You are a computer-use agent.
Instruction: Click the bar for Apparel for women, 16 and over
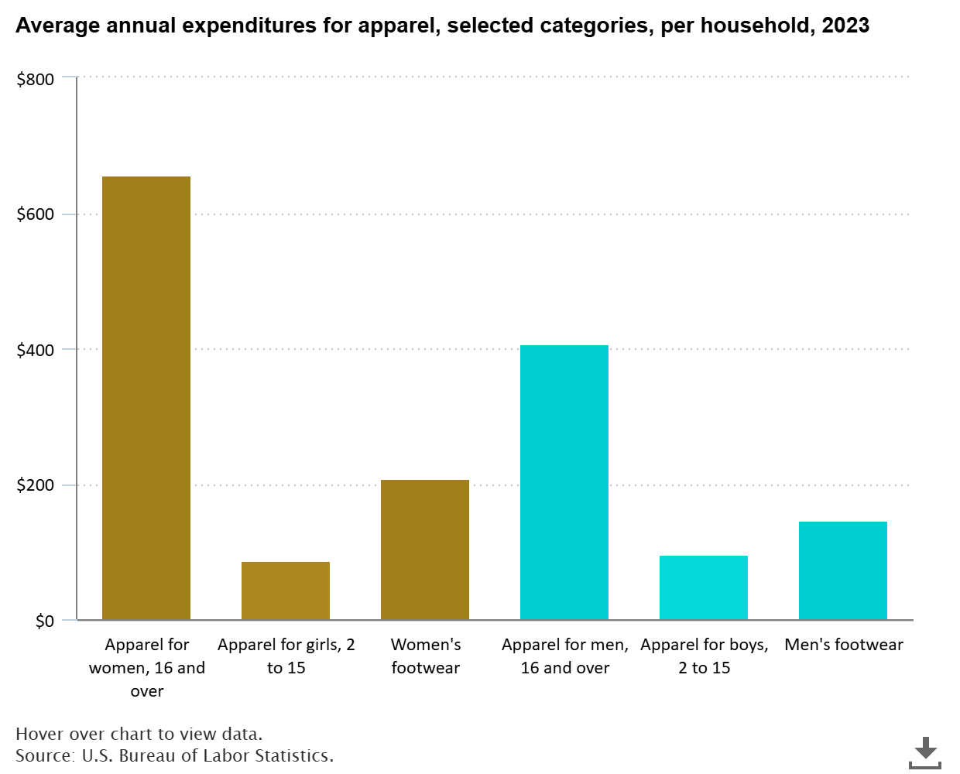tap(146, 398)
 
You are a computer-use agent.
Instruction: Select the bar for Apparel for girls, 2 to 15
tap(286, 591)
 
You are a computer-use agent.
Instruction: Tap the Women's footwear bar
tap(425, 550)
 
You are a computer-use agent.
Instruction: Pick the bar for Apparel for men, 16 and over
tap(564, 482)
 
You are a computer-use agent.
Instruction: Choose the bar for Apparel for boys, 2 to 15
tap(704, 587)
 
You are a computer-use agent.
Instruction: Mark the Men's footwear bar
tap(843, 570)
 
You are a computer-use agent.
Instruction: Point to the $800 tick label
tap(36, 79)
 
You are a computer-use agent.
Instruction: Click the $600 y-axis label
tap(36, 214)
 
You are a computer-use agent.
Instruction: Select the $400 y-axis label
tap(36, 350)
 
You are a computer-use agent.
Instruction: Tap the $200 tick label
tap(36, 485)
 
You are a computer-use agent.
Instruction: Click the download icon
tap(924, 752)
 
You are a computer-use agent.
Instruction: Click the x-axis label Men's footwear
tap(844, 645)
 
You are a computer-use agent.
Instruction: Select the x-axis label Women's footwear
tap(426, 656)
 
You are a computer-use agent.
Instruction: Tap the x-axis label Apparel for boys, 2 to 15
tap(705, 656)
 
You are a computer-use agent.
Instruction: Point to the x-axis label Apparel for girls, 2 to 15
tap(286, 656)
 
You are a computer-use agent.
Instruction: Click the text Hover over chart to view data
tap(139, 734)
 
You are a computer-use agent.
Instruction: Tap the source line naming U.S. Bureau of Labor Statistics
tap(174, 755)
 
